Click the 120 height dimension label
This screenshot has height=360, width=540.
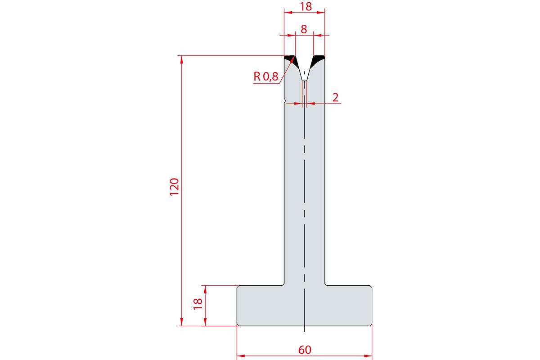coord(175,187)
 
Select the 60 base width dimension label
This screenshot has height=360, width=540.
coord(305,350)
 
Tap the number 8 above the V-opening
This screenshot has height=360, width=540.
coord(304,29)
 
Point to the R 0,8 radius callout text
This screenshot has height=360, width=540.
coord(266,76)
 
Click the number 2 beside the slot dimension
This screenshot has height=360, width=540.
coord(335,97)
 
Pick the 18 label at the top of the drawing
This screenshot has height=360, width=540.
coord(306,6)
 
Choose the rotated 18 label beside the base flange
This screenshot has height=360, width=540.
coord(198,304)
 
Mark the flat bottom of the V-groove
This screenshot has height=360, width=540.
coord(305,81)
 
